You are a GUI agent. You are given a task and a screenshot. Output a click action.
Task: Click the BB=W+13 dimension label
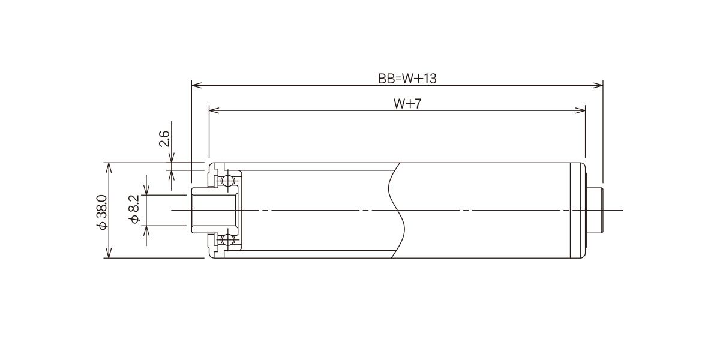coord(407,79)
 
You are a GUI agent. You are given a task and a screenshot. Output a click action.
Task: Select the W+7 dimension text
coord(407,104)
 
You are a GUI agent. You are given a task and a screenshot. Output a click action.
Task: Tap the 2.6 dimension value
coord(164,139)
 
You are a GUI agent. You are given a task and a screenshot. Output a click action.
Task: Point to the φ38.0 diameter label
coord(102,212)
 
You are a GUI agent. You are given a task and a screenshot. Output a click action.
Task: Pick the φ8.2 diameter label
coord(134,209)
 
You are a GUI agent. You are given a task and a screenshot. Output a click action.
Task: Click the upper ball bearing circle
coord(227,181)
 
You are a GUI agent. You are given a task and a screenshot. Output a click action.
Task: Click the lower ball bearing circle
coord(227,239)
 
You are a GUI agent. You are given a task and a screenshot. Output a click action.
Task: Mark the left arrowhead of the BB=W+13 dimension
coord(196,85)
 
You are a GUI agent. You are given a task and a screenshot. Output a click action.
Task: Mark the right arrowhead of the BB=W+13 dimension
coord(598,85)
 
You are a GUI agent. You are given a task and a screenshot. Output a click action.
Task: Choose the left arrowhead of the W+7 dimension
coord(214,110)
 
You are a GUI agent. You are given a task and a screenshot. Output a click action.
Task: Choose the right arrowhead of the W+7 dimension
coord(580,110)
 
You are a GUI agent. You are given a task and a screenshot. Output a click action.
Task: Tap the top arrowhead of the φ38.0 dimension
coord(109,168)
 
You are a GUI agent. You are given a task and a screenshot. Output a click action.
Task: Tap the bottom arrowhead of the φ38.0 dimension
coord(109,253)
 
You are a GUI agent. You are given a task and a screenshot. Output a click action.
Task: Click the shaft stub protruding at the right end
coord(595,211)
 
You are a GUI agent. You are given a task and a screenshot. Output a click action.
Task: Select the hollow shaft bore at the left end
coord(215,211)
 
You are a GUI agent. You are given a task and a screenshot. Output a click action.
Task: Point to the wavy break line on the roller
coord(396,211)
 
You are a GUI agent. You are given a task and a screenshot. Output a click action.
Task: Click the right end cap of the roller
coord(578,211)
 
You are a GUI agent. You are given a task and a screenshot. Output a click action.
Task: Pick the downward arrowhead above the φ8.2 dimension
coord(146,190)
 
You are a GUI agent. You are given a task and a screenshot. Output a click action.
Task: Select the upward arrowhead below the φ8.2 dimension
coord(146,231)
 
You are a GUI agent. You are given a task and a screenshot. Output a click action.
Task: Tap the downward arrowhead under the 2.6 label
coord(171,158)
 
